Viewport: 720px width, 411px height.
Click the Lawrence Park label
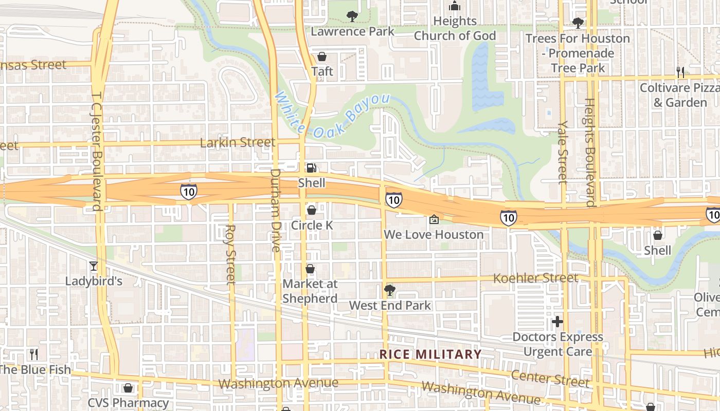click(x=352, y=31)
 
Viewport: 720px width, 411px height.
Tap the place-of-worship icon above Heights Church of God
click(x=455, y=6)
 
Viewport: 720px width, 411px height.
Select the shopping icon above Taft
click(x=322, y=56)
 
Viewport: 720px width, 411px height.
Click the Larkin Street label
click(x=237, y=142)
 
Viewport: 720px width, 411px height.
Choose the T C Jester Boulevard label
click(x=96, y=152)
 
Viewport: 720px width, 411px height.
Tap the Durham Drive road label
click(x=276, y=210)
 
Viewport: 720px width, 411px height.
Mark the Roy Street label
click(x=231, y=254)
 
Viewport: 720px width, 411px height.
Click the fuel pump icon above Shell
click(x=312, y=167)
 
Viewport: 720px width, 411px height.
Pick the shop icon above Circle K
click(x=311, y=210)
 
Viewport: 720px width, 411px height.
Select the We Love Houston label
click(x=434, y=235)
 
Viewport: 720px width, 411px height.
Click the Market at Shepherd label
click(x=310, y=291)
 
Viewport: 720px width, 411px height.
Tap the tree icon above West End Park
click(x=389, y=290)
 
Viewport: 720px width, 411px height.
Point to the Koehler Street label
click(x=535, y=278)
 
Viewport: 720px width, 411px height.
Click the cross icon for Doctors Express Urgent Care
click(x=557, y=322)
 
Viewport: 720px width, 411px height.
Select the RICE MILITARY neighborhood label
click(x=430, y=354)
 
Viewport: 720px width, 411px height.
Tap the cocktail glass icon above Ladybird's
click(x=93, y=266)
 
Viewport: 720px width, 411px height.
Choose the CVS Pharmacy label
click(x=128, y=403)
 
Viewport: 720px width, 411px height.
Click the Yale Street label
click(x=563, y=152)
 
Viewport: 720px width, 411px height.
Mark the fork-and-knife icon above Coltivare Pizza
click(x=680, y=72)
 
